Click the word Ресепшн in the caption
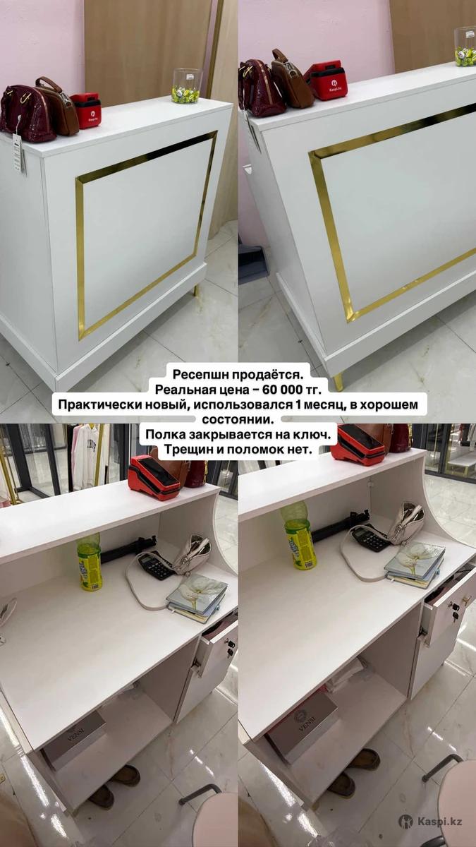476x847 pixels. point(200,374)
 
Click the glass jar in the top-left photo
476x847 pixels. point(185,86)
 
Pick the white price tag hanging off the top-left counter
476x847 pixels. point(18,152)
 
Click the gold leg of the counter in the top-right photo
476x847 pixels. point(338,382)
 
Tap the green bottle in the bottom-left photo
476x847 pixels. point(89,563)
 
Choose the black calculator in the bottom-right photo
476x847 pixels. point(370,538)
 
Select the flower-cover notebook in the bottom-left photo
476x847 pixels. point(197,596)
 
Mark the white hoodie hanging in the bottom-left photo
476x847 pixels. point(86,457)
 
